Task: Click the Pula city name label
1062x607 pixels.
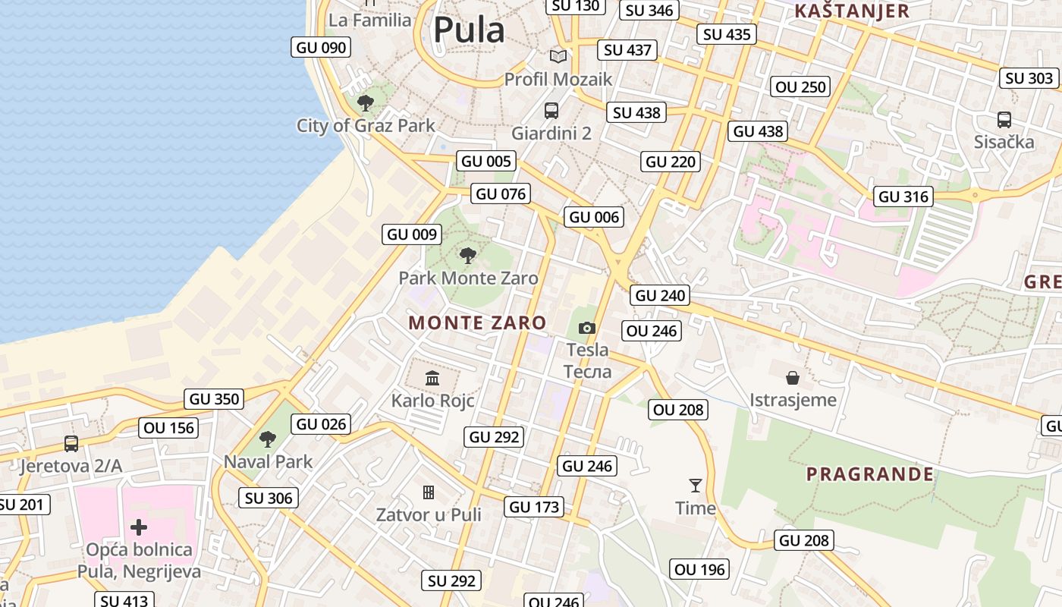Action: tap(468, 30)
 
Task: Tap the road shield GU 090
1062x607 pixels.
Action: tap(321, 47)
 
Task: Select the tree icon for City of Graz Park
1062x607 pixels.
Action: tap(366, 102)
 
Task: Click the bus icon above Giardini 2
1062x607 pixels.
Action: tap(551, 110)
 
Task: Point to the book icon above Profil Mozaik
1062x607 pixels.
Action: tap(558, 55)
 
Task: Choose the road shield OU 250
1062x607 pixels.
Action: tap(801, 86)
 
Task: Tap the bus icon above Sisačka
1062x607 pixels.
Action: tap(1004, 119)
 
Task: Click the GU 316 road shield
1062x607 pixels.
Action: tap(903, 197)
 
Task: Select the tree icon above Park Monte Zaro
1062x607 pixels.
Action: tap(468, 255)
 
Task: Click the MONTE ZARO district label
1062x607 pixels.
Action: tap(477, 322)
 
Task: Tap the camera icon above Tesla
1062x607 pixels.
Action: tap(586, 328)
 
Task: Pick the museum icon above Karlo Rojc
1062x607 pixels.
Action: tap(432, 377)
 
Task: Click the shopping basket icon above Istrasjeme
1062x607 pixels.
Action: tap(793, 377)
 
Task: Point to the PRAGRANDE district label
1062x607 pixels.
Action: tap(869, 474)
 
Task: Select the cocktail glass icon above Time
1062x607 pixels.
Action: tap(695, 485)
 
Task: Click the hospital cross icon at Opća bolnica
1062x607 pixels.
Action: tap(139, 526)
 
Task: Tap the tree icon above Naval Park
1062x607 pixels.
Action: tap(267, 439)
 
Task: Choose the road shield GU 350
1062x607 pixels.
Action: tap(214, 398)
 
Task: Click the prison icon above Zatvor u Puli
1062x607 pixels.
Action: tap(429, 492)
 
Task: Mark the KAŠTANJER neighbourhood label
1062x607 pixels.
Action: tap(851, 11)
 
